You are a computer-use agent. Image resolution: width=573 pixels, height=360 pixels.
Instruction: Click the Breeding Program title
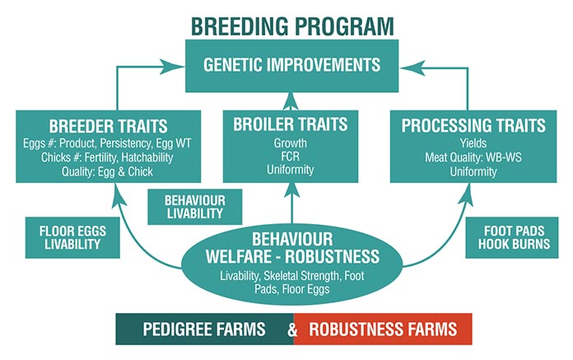[292, 26]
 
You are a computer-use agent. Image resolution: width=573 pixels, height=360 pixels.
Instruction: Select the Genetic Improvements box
[292, 66]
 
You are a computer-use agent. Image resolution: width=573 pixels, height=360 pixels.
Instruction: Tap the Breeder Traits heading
[108, 127]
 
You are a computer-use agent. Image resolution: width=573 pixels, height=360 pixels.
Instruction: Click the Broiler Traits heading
[291, 124]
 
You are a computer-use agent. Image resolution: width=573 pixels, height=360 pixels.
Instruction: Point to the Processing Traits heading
[473, 125]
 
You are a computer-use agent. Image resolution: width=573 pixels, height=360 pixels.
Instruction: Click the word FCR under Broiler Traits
[291, 157]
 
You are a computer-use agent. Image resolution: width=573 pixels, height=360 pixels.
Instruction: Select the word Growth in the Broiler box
[291, 143]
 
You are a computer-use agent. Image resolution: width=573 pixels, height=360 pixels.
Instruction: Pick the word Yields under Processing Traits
[473, 143]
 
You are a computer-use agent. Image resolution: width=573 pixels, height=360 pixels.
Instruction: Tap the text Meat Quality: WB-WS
[473, 157]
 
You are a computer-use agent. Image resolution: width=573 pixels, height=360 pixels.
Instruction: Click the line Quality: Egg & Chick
[107, 171]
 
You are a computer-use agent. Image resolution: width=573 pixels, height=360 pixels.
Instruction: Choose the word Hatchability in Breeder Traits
[147, 157]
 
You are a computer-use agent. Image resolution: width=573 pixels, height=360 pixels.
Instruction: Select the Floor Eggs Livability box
[72, 237]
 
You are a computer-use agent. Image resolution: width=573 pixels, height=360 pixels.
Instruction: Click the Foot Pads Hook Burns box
[512, 237]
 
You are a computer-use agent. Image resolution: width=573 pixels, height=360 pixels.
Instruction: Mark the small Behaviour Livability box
[195, 207]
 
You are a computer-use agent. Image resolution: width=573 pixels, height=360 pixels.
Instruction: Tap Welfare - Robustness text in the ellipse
[292, 256]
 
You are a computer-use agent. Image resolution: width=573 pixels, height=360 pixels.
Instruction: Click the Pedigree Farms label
[204, 329]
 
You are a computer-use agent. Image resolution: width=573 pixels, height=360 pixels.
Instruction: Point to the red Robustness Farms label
[383, 329]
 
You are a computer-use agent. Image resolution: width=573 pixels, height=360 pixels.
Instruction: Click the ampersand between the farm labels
[292, 330]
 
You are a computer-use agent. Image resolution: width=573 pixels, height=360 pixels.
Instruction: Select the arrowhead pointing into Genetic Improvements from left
[172, 67]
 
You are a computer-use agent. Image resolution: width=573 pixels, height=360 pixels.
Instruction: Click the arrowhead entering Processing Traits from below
[466, 194]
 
